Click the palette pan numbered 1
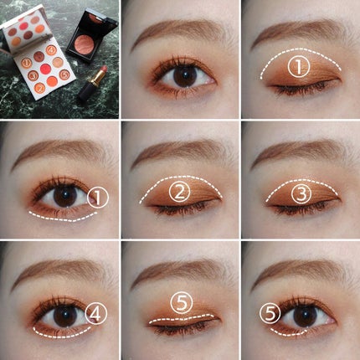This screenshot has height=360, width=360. tap(27, 63)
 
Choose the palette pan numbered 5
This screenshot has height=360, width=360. tap(64, 75)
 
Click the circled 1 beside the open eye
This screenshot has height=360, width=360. tap(98, 198)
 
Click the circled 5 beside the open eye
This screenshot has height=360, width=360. tap(268, 312)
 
